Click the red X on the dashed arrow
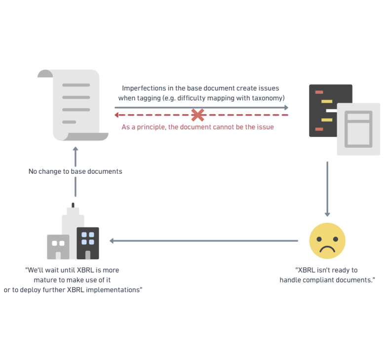click(198, 115)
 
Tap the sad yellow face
click(327, 240)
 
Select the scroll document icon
click(73, 105)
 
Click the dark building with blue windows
click(88, 243)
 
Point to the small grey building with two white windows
click(58, 247)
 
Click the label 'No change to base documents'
click(76, 171)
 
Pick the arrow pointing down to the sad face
click(327, 189)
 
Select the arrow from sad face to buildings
click(204, 240)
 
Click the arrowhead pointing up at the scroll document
click(76, 149)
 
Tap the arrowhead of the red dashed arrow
click(117, 115)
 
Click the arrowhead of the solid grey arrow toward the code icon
click(286, 108)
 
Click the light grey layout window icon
click(358, 129)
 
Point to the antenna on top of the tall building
click(73, 205)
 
